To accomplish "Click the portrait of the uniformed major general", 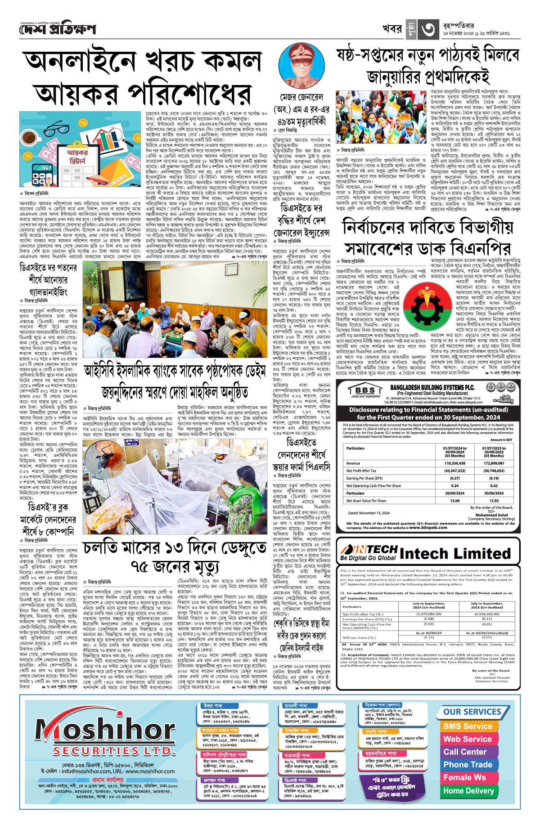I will pyautogui.click(x=301, y=67).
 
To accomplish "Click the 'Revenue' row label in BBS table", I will pyautogui.click(x=353, y=463).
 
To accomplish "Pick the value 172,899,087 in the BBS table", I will pyautogui.click(x=494, y=463).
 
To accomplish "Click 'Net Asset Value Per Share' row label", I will pyautogui.click(x=366, y=501).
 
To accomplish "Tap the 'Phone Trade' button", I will pyautogui.click(x=468, y=765).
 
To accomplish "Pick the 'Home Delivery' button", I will pyautogui.click(x=468, y=790).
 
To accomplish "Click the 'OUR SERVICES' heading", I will pyautogui.click(x=472, y=712).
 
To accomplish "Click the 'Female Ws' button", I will pyautogui.click(x=464, y=777).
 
